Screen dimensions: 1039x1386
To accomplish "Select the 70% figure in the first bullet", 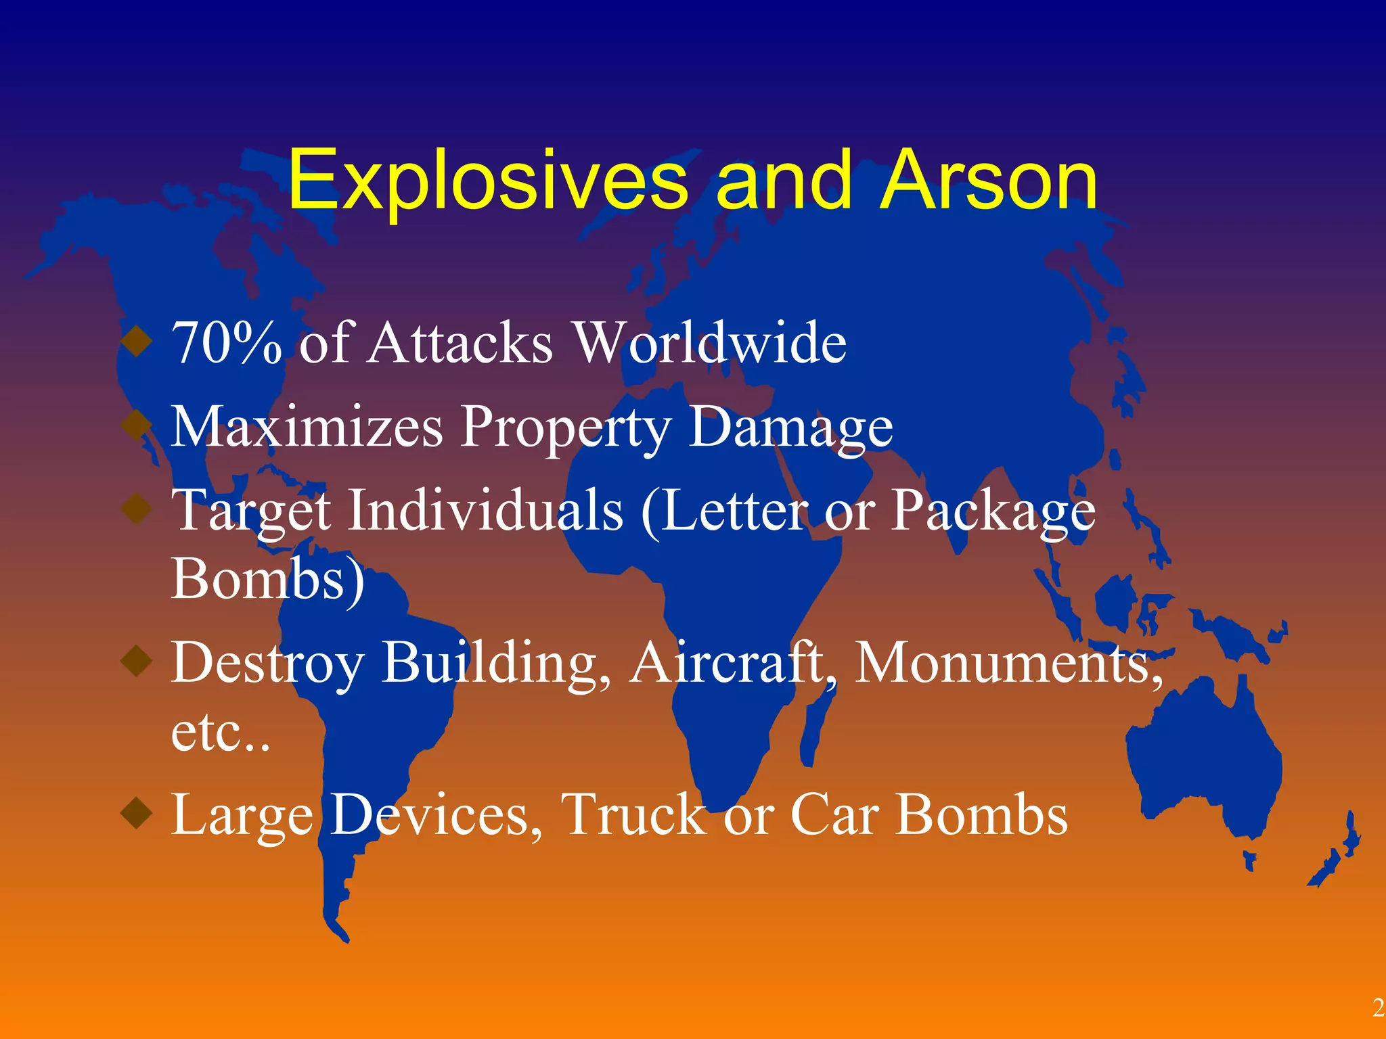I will [227, 343].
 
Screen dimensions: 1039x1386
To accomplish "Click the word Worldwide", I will [710, 343].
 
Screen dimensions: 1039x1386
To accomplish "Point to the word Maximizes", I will [307, 427].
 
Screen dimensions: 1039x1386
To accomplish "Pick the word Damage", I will [790, 428].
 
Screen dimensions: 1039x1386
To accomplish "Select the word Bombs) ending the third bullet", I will [267, 580].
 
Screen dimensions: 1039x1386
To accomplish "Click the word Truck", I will [634, 815].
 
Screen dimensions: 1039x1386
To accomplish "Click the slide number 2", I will [1378, 1009].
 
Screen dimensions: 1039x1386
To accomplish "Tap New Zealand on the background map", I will [1337, 859].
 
